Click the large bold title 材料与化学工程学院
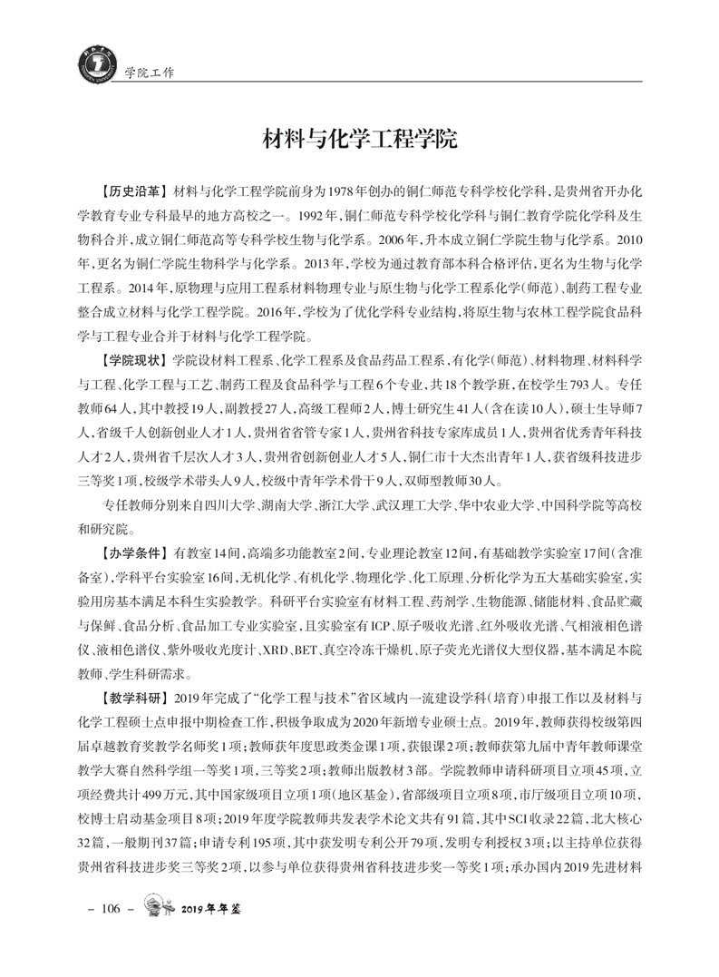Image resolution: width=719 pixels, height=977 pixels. coord(359,141)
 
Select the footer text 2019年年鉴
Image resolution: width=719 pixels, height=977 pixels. coord(216,909)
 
